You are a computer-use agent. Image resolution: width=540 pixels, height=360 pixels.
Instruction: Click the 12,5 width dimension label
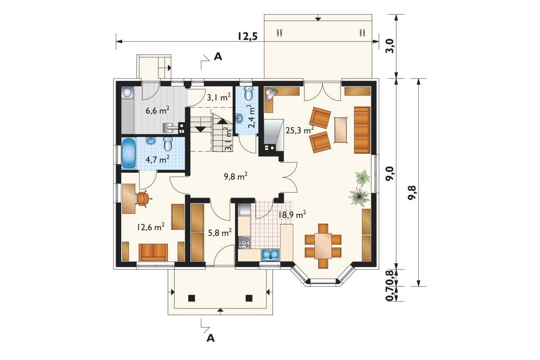pos(248,37)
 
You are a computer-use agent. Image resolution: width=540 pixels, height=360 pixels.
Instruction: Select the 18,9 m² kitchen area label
pos(292,214)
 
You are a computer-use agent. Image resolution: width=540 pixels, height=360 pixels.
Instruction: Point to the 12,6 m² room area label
pos(151,227)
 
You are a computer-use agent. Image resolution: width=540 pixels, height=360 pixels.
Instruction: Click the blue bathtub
pos(129,153)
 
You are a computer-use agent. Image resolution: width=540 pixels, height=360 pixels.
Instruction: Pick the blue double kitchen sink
pos(270,255)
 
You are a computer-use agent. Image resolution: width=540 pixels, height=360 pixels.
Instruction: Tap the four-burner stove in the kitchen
pos(244,242)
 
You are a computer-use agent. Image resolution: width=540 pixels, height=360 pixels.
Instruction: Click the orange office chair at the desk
pos(143,198)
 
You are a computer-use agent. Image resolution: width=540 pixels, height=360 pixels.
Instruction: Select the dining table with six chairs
pos(323,246)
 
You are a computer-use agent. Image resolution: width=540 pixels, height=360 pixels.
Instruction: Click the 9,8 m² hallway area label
pos(236,176)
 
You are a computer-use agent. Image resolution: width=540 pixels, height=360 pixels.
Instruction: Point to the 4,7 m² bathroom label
pos(157,159)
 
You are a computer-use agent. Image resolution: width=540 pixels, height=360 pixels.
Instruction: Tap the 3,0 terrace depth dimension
pos(391,46)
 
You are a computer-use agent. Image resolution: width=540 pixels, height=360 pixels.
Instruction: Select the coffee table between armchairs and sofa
pos(341,130)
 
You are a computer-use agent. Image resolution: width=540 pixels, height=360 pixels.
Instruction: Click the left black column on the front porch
pos(191,298)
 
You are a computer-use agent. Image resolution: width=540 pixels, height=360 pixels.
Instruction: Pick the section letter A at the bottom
pos(211,338)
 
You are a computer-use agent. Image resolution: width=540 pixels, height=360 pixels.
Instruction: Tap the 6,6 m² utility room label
pos(157,110)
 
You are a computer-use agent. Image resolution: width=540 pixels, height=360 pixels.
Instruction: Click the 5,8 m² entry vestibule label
pos(220,233)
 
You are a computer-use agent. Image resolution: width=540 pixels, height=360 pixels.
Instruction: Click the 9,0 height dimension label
pos(391,174)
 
